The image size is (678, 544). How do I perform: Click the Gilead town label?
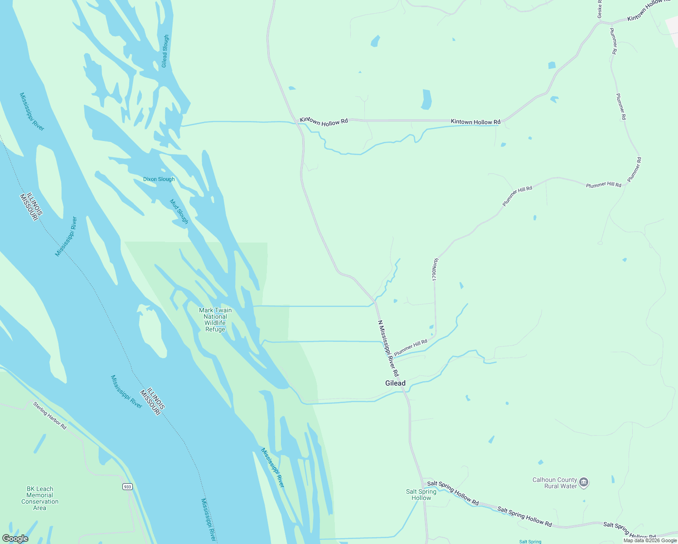[395, 383]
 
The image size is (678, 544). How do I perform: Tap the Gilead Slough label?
[165, 51]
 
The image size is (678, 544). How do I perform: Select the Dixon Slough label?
[159, 179]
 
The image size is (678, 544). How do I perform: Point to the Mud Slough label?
[179, 211]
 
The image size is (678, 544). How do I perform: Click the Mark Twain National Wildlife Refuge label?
[215, 320]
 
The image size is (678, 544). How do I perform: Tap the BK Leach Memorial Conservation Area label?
[40, 498]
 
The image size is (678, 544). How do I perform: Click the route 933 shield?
[127, 486]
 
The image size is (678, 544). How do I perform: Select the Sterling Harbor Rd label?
[50, 415]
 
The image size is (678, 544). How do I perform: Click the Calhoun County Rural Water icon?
[584, 482]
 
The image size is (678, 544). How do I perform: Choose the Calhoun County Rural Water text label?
[555, 483]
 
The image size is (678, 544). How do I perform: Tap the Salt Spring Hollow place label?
[421, 495]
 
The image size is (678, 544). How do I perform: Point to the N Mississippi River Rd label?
[388, 348]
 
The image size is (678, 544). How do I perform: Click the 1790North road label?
[435, 270]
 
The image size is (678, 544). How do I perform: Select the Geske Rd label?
[600, 9]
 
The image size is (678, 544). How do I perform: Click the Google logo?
[15, 539]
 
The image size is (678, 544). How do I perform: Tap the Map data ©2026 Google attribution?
[650, 540]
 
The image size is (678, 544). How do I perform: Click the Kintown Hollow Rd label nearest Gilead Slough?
[324, 121]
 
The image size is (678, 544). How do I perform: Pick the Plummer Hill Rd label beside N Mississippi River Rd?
[411, 348]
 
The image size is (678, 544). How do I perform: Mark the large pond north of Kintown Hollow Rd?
[426, 99]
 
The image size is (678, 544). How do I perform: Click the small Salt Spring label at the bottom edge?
[530, 541]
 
